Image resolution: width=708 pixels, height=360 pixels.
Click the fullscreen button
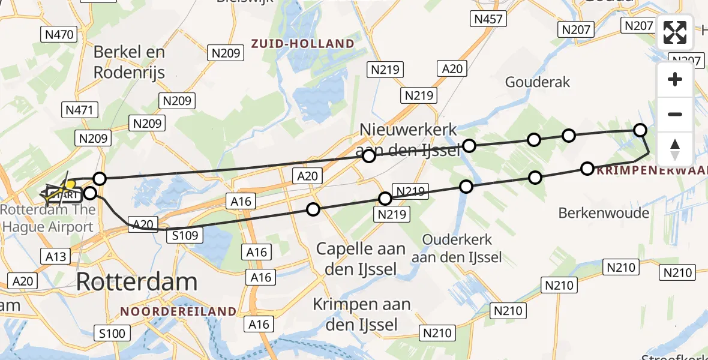click(675, 32)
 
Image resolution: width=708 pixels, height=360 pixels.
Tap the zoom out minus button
click(675, 114)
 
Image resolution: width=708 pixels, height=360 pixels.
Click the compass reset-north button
click(675, 149)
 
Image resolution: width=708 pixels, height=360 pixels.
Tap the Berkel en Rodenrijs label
click(129, 62)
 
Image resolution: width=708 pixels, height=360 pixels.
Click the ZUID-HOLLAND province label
click(303, 43)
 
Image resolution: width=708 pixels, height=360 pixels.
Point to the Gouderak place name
click(538, 82)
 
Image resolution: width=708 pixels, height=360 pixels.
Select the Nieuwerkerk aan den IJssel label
click(409, 139)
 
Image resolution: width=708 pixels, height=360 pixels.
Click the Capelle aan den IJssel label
click(361, 259)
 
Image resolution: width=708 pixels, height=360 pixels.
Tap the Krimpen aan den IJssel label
click(361, 314)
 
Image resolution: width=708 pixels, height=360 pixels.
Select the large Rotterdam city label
click(137, 281)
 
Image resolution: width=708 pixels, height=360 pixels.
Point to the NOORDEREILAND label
click(178, 311)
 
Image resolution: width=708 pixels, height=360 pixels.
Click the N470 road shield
click(60, 35)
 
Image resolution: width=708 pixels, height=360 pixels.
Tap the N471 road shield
click(79, 109)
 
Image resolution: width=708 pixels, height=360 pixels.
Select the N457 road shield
click(487, 19)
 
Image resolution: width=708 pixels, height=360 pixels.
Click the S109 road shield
click(184, 235)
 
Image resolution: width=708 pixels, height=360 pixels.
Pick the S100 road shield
click(112, 333)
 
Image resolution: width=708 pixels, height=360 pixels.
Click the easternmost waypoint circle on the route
click(640, 130)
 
